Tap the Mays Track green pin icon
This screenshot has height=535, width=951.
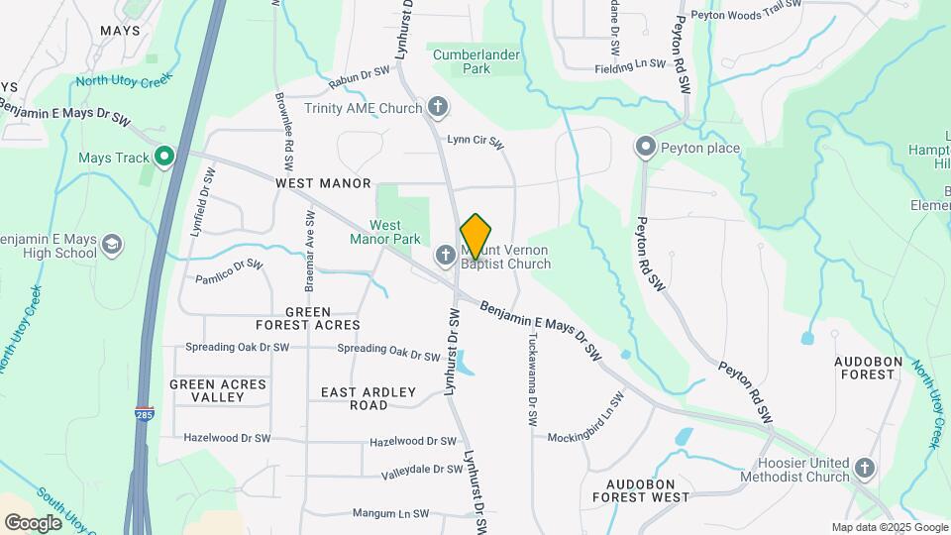pyautogui.click(x=164, y=157)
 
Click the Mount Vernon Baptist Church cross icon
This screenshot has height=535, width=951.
pyautogui.click(x=446, y=257)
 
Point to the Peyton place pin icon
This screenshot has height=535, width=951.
pyautogui.click(x=646, y=148)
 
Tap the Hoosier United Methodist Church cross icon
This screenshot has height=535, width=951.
pyautogui.click(x=865, y=468)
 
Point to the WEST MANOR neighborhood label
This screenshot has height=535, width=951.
pyautogui.click(x=323, y=183)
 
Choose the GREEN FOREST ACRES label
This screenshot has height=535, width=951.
pyautogui.click(x=307, y=318)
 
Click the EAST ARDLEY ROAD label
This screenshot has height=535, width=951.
pyautogui.click(x=369, y=398)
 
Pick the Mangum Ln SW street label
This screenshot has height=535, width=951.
pyautogui.click(x=390, y=513)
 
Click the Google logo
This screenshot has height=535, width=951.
pyautogui.click(x=32, y=522)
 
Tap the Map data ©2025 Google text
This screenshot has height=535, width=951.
pyautogui.click(x=890, y=527)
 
